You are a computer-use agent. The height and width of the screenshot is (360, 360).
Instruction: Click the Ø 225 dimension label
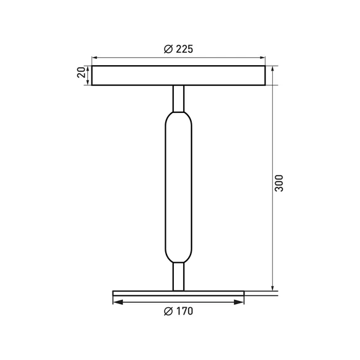pos(179,50)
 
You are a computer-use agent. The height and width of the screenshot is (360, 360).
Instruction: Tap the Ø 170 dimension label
pos(179,311)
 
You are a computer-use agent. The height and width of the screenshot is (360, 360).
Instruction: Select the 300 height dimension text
pos(278,182)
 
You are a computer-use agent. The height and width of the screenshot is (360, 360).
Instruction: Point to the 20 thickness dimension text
pos(80,73)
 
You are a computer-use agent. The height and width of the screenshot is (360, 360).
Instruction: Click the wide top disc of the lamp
pos(179,75)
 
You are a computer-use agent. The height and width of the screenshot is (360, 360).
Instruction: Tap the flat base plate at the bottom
pos(179,294)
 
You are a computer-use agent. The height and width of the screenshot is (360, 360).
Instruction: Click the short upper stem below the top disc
pos(179,98)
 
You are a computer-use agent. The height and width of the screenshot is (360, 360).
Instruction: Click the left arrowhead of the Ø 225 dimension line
pos(95,59)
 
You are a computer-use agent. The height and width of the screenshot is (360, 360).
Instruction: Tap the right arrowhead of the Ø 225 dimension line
pos(262,59)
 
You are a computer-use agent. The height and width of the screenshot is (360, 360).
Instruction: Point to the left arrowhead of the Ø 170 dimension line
pos(117,302)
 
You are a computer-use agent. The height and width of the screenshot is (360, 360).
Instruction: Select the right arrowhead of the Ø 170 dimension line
pos(240,302)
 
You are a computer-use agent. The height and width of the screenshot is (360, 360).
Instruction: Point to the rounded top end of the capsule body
pos(179,117)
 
